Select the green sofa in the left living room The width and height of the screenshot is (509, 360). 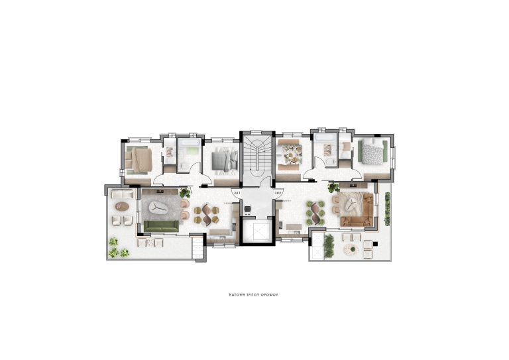point(161,227)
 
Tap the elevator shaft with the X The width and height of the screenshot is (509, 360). point(254,233)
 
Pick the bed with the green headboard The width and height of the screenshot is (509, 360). point(371,153)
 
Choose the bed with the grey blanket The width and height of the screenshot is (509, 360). point(223,159)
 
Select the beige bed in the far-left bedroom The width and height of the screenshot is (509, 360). point(139,159)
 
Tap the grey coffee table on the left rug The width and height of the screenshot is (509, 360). point(158,208)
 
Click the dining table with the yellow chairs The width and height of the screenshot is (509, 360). point(204,213)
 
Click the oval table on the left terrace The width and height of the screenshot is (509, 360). point(121,206)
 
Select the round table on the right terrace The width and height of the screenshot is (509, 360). point(349,249)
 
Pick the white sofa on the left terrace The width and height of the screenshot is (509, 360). point(121,195)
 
